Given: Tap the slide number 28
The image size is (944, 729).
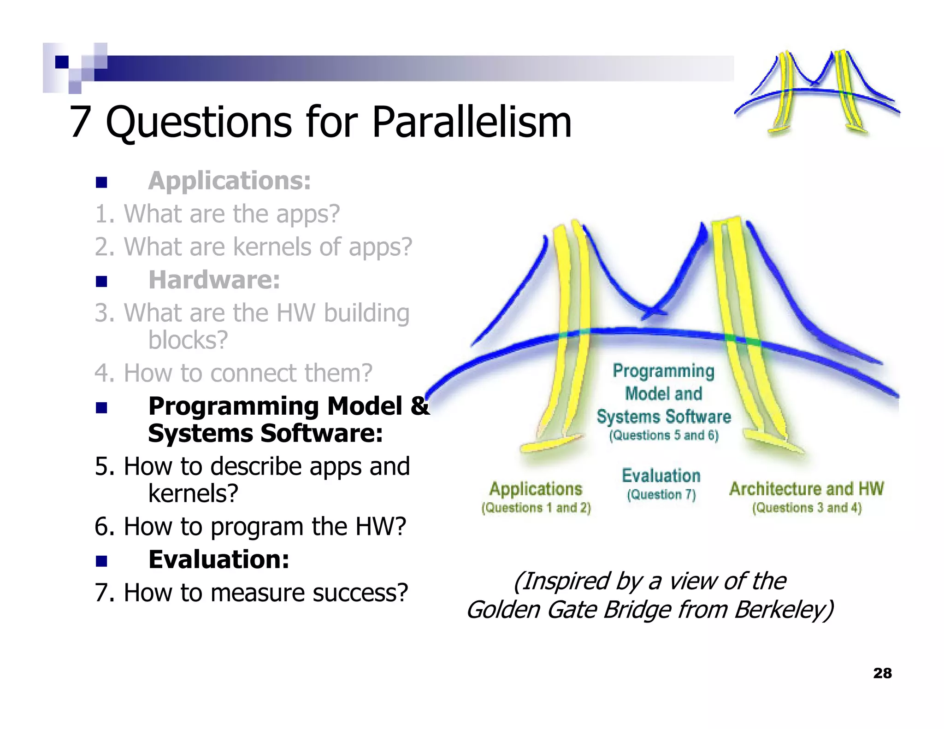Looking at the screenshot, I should pyautogui.click(x=882, y=673).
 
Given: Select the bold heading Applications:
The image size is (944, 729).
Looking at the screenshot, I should pyautogui.click(x=229, y=181).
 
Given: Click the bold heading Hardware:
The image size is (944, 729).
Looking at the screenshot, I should pyautogui.click(x=214, y=280).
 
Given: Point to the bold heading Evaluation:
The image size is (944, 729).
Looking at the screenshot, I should pyautogui.click(x=218, y=559).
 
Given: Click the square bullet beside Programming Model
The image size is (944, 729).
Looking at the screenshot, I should pyautogui.click(x=101, y=407).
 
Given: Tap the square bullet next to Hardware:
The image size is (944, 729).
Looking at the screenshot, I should pyautogui.click(x=101, y=281).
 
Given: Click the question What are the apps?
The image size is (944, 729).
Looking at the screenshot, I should pyautogui.click(x=217, y=214).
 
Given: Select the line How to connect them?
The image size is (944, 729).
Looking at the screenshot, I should pyautogui.click(x=233, y=373).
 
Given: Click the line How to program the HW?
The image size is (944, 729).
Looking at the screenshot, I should pyautogui.click(x=250, y=526).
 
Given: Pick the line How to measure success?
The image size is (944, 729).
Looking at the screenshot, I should pyautogui.click(x=251, y=593).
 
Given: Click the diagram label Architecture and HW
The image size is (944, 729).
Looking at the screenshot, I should pyautogui.click(x=806, y=488).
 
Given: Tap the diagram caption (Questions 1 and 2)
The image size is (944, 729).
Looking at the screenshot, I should pyautogui.click(x=536, y=508).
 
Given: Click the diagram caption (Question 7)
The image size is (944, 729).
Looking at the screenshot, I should pyautogui.click(x=661, y=495).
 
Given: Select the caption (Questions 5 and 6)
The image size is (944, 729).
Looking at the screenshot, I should pyautogui.click(x=663, y=435).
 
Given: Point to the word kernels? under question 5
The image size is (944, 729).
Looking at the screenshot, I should pyautogui.click(x=193, y=494).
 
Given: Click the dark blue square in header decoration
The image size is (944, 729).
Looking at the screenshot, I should pyautogui.click(x=62, y=62).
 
